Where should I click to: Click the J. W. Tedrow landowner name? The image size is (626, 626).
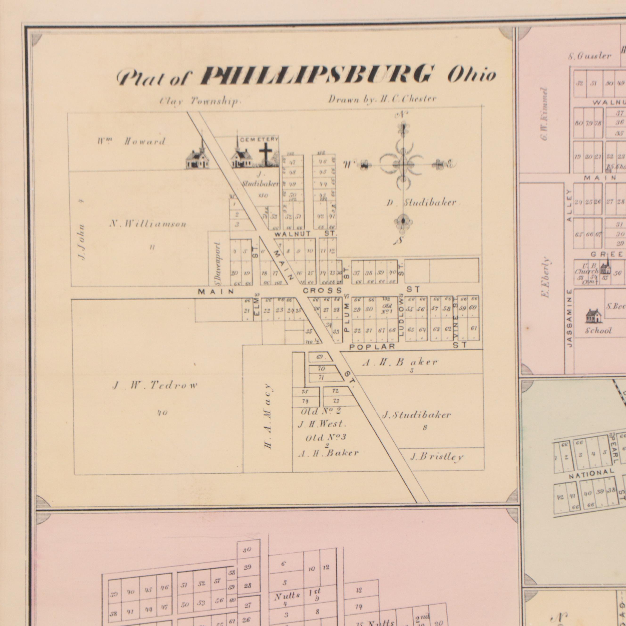point(155,385)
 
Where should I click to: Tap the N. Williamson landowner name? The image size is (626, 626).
point(148,224)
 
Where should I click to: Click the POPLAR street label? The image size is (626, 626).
point(372,347)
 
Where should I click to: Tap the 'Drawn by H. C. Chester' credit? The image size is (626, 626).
point(382,99)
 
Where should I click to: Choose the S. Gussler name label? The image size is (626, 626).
point(590,56)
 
